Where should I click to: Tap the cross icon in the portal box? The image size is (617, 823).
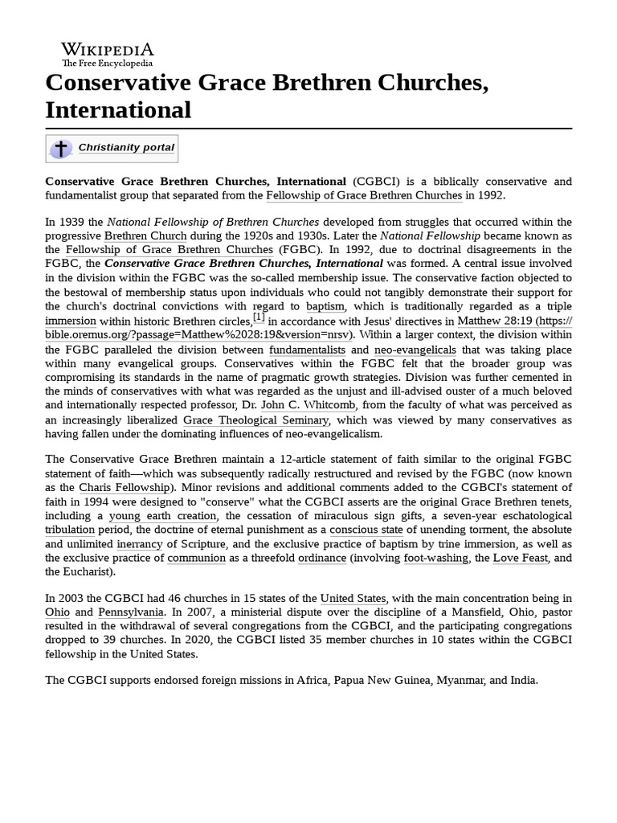coord(60,149)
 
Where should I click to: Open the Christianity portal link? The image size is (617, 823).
coord(126,148)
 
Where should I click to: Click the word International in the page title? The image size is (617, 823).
coord(118,109)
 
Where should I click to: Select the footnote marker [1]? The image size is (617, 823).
coord(259,317)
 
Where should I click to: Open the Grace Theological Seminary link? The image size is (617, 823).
coord(255,420)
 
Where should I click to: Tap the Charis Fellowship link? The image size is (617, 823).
coord(124,487)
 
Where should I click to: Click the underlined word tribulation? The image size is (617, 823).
coord(70,530)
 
